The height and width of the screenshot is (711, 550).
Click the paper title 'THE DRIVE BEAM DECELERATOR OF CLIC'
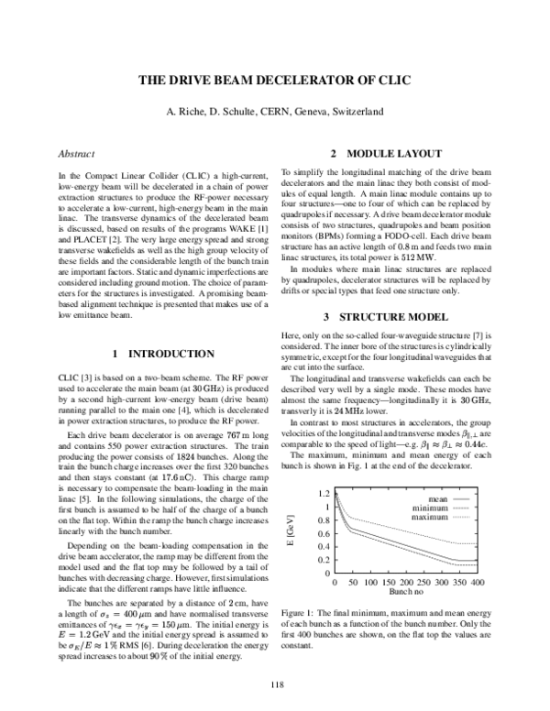pos(274,82)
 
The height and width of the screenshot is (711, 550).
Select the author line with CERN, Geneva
pos(274,111)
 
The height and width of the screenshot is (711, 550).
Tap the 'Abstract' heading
pos(76,155)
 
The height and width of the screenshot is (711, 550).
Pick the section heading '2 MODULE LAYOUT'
pos(400,155)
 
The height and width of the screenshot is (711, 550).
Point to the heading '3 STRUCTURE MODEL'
pos(400,265)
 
